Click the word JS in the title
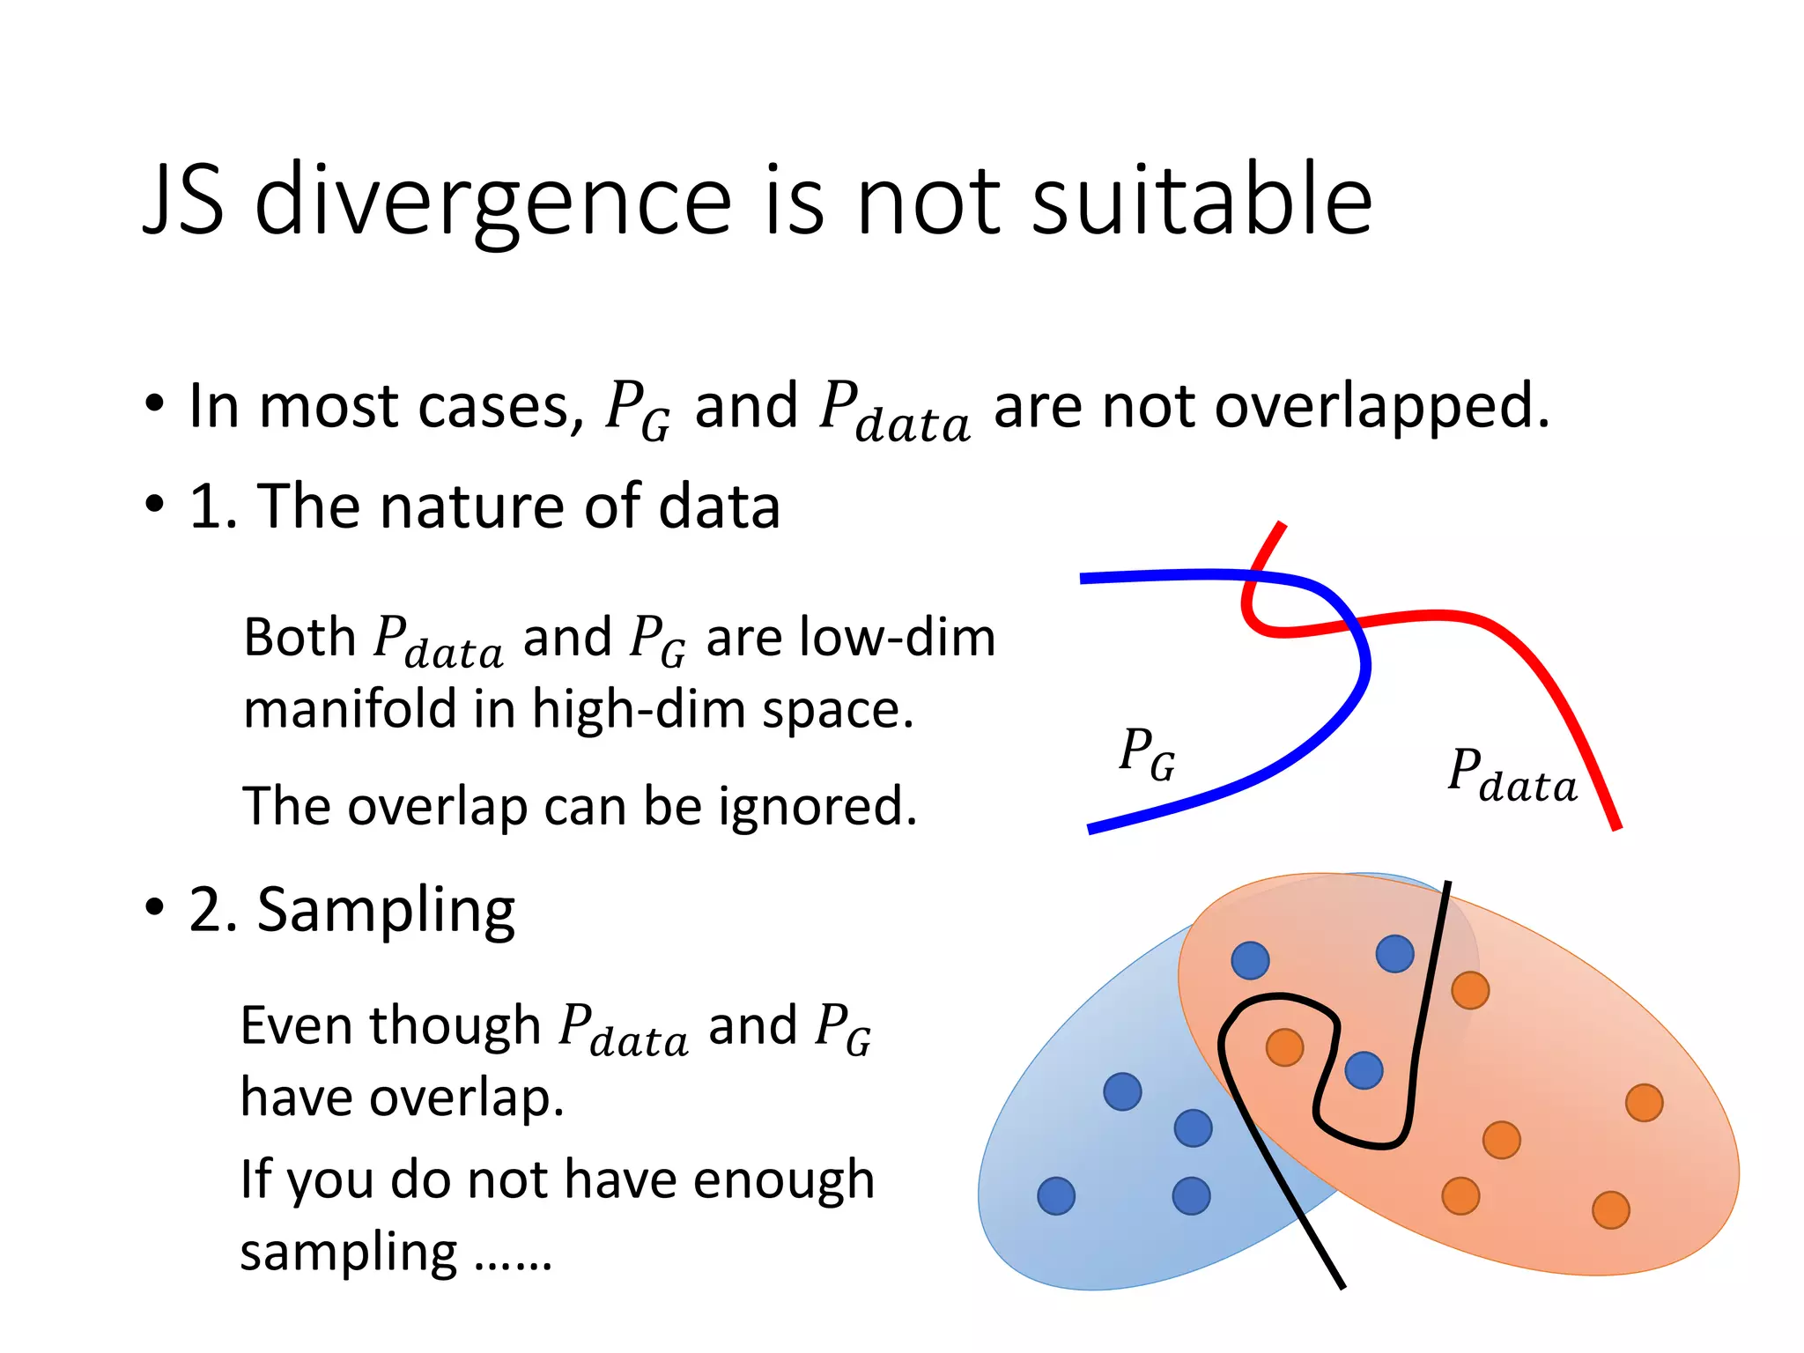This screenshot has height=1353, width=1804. pyautogui.click(x=183, y=201)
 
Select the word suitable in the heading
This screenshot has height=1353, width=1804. pyautogui.click(x=1201, y=201)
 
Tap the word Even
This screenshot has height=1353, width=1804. pyautogui.click(x=297, y=1025)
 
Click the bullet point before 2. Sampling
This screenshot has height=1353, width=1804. pyautogui.click(x=155, y=907)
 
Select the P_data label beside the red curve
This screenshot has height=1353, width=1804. pyautogui.click(x=1512, y=775)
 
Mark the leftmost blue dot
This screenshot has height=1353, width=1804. pyautogui.click(x=1056, y=1196)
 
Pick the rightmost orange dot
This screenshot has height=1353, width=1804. pyautogui.click(x=1644, y=1103)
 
